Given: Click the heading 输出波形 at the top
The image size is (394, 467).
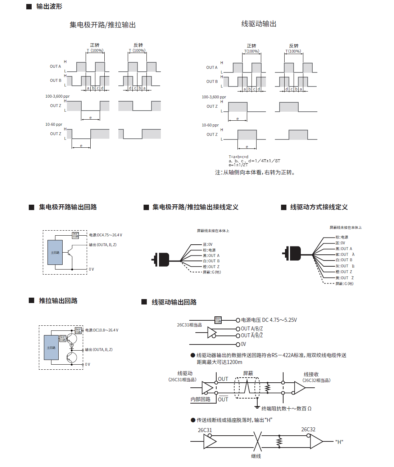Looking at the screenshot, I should coord(49,6).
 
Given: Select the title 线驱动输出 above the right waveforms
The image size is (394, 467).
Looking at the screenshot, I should coord(259,24).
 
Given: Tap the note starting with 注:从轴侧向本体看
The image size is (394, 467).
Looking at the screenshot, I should coord(255,173).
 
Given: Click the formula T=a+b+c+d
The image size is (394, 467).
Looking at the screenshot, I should coord(239,157).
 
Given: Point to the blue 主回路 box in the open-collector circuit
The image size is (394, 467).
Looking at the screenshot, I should coord(55,253).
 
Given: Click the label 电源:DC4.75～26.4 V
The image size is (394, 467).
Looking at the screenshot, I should coord(106,235).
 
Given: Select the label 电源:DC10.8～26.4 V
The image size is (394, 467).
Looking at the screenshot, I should coord(102,330).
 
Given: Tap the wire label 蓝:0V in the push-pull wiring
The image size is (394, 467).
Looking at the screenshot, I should coord(208,245).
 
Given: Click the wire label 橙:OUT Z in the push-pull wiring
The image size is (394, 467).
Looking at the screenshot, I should coord(211,267).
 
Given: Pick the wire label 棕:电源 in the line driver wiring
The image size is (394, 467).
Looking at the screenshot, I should coord(342,237).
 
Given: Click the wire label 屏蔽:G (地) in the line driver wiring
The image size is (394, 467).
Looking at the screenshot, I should coord(344,284).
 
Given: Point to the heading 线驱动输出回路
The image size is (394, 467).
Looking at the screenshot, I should coord(174,302).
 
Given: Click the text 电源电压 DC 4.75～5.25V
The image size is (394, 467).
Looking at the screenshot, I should coord(269,320).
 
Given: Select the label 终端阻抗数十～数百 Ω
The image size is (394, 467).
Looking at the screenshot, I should coord(286,409).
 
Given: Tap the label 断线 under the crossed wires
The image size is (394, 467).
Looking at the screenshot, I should coord(256,456).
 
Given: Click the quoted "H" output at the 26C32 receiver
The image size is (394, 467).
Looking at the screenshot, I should coord(339,442).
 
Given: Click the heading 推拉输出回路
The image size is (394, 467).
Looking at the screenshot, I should coord(58,301).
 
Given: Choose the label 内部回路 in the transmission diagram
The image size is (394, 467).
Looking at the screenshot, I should coord(200,399).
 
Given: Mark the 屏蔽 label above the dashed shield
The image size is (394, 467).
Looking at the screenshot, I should coord(248,373).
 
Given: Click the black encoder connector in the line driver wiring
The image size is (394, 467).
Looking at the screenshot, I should coord(293,253).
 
